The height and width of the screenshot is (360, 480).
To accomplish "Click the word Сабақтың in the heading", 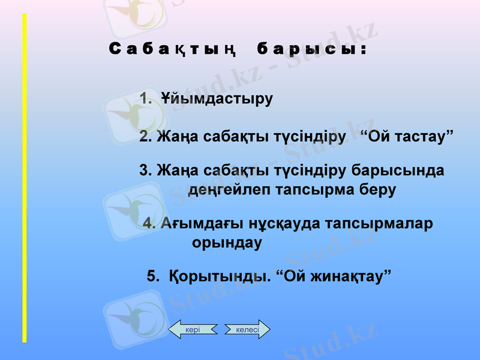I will point(172,49).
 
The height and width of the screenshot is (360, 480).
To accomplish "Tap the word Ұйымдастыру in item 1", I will point(217,98).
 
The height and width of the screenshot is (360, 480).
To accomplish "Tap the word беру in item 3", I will point(375,190).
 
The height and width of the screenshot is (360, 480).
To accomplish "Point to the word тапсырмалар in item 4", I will point(379,224).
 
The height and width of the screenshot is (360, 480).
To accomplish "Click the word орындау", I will point(227,244).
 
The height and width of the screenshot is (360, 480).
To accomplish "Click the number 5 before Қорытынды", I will point(152,277).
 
